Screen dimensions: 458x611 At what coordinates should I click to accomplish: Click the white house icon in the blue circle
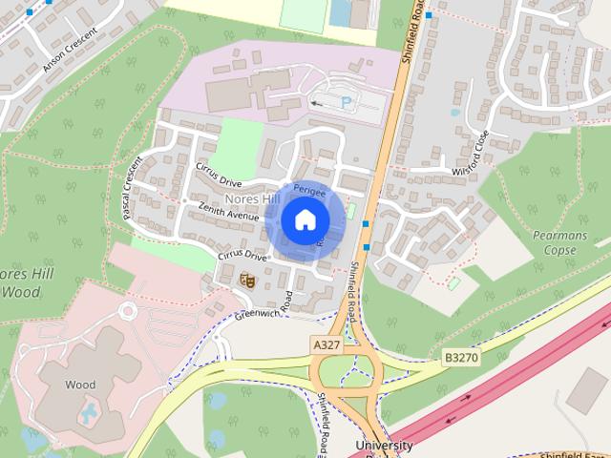pos(305,220)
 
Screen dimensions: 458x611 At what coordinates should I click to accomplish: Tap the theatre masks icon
pos(247,280)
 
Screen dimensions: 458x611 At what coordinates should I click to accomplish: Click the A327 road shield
pos(326,343)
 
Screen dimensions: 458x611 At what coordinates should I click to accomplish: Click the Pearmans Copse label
pos(554,242)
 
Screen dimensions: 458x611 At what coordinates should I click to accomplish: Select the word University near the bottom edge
pos(384,446)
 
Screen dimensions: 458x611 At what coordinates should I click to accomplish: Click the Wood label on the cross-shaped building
pos(80,385)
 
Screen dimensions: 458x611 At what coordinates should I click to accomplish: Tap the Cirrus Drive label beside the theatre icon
pos(242,256)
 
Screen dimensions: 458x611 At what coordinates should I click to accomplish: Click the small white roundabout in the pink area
pos(128,312)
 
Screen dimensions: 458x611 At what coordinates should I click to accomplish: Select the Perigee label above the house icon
pos(309,191)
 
